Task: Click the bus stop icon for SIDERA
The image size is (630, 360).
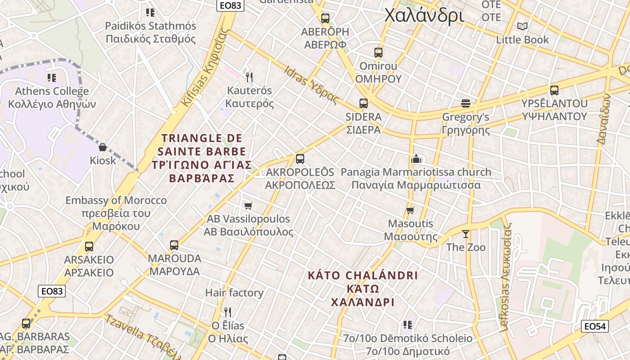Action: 364,103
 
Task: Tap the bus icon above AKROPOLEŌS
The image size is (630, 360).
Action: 300,158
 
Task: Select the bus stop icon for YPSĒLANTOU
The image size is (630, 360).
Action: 554,90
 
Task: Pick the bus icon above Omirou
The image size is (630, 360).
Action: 378,52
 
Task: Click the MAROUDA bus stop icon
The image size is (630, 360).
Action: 174,245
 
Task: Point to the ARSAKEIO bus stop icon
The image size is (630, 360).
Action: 89,246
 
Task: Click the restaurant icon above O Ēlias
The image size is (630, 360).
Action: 228,312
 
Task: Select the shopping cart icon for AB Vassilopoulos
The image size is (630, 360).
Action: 248,206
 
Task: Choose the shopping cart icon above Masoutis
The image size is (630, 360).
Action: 410,210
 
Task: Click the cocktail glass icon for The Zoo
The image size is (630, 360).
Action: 466,234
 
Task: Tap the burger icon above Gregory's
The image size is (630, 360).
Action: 466,103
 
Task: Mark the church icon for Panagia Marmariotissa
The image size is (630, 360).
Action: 416,159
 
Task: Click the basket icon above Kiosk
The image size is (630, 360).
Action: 103,147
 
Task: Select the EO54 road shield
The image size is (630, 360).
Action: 595,326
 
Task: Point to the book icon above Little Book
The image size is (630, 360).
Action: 522,26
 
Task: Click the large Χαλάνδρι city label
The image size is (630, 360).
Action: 424,15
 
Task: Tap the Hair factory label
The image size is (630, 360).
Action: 234,293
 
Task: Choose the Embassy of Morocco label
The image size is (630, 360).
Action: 116,200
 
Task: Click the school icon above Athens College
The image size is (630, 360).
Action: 52,78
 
